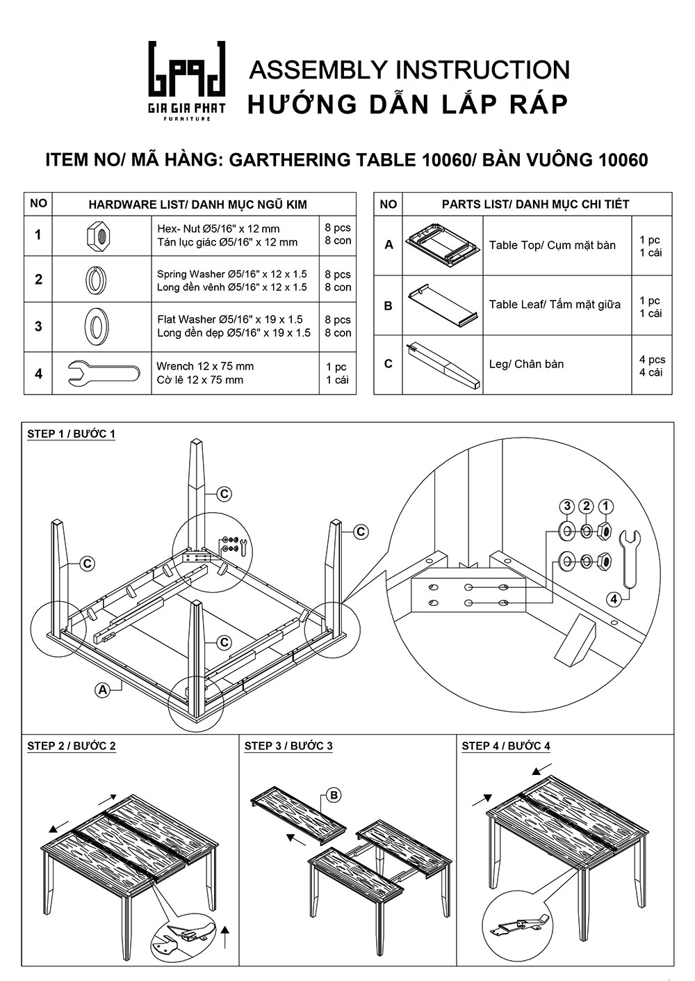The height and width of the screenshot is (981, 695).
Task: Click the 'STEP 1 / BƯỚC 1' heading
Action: tap(71, 434)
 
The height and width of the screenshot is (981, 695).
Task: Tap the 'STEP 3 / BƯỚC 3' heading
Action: tap(288, 746)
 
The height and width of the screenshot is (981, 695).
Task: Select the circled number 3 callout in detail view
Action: tap(567, 505)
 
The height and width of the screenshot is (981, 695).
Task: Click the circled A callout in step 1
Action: tap(103, 689)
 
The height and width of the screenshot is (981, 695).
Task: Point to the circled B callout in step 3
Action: tap(334, 795)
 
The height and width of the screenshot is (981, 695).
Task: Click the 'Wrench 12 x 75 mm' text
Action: tap(205, 367)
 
